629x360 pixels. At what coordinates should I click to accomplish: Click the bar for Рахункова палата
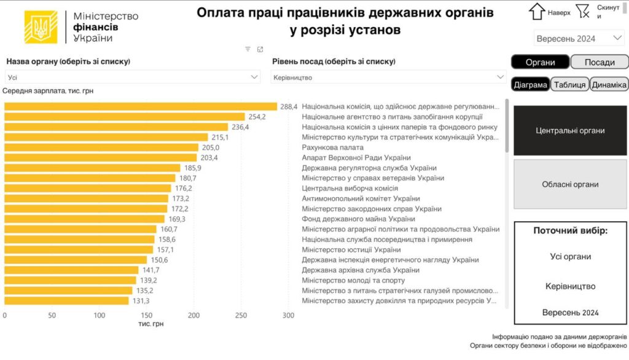point(101,147)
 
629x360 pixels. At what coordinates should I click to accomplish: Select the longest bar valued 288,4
point(141,106)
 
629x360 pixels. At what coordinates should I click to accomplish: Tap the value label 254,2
point(257,117)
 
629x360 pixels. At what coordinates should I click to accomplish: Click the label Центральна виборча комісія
point(350,189)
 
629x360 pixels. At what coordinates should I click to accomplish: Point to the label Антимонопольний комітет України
point(361,198)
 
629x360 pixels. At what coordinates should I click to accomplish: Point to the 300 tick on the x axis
point(288,315)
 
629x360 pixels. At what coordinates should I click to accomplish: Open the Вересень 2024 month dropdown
point(579,39)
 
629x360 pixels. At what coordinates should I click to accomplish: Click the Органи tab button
point(540,62)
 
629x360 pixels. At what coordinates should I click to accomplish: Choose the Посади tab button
point(600,62)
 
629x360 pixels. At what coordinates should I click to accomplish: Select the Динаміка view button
point(609,85)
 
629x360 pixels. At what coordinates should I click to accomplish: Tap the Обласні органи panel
point(570,184)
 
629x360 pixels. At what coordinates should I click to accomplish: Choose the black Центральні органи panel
point(570,130)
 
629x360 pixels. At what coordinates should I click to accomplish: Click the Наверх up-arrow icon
point(537,12)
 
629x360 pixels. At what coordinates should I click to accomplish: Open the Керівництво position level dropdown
point(388,77)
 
